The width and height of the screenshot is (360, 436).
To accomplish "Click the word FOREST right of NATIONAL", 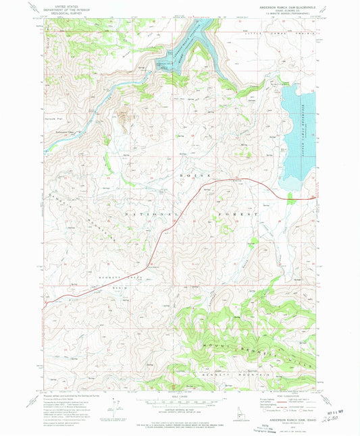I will (x=237, y=214).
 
